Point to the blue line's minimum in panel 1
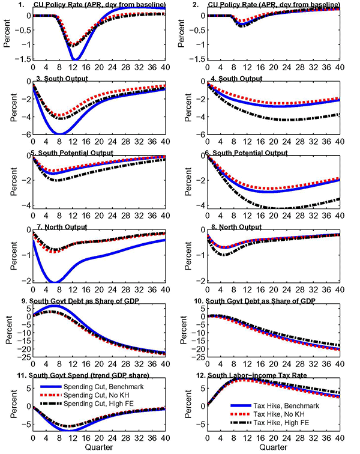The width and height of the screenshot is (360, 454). [74, 59]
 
